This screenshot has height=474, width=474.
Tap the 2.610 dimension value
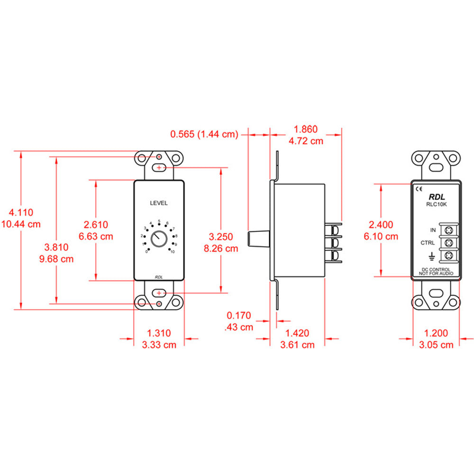click(97, 224)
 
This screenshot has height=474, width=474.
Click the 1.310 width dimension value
click(159, 334)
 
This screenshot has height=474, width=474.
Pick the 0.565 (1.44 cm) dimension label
click(204, 134)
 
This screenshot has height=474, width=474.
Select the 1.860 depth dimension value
click(306, 129)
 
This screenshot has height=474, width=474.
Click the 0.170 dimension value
click(239, 315)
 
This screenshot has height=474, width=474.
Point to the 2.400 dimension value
click(382, 224)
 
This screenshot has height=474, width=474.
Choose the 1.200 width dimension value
click(436, 334)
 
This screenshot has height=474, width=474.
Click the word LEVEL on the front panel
click(159, 203)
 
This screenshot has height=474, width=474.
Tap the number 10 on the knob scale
click(172, 252)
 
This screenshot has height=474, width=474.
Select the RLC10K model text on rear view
click(437, 204)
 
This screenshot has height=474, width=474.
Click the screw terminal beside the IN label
click(447, 230)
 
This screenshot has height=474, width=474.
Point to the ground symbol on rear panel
click(432, 256)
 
